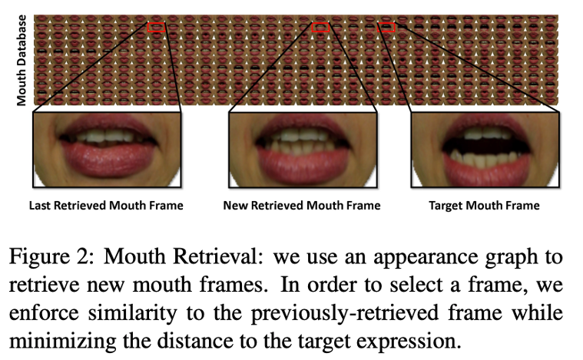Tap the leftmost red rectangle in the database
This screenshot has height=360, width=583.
[x=156, y=27]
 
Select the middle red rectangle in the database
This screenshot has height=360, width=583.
[x=321, y=27]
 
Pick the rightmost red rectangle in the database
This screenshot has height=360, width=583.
[x=387, y=27]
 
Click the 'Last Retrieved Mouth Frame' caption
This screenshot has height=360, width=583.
[x=106, y=206]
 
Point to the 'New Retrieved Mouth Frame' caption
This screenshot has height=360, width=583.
[x=301, y=206]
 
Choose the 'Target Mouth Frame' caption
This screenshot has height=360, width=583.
[x=484, y=206]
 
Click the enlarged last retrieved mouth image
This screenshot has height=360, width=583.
[x=106, y=150]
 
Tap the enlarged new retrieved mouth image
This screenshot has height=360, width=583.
[x=302, y=150]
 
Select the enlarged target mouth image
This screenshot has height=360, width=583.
[x=484, y=150]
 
